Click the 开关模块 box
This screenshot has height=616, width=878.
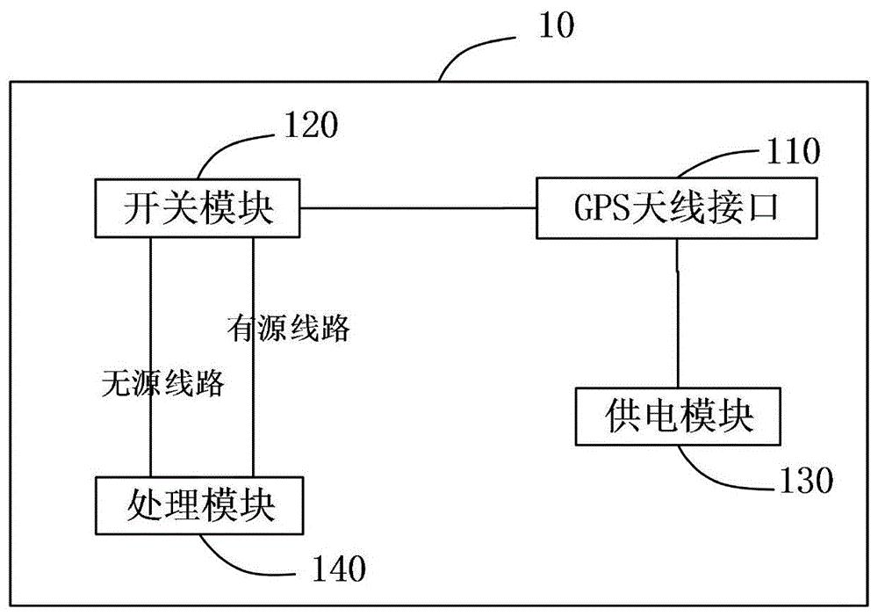pyautogui.click(x=197, y=209)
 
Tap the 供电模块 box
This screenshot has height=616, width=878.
pyautogui.click(x=679, y=416)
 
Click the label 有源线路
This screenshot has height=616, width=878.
pyautogui.click(x=288, y=328)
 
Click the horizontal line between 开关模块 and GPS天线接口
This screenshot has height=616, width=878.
pyautogui.click(x=417, y=209)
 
